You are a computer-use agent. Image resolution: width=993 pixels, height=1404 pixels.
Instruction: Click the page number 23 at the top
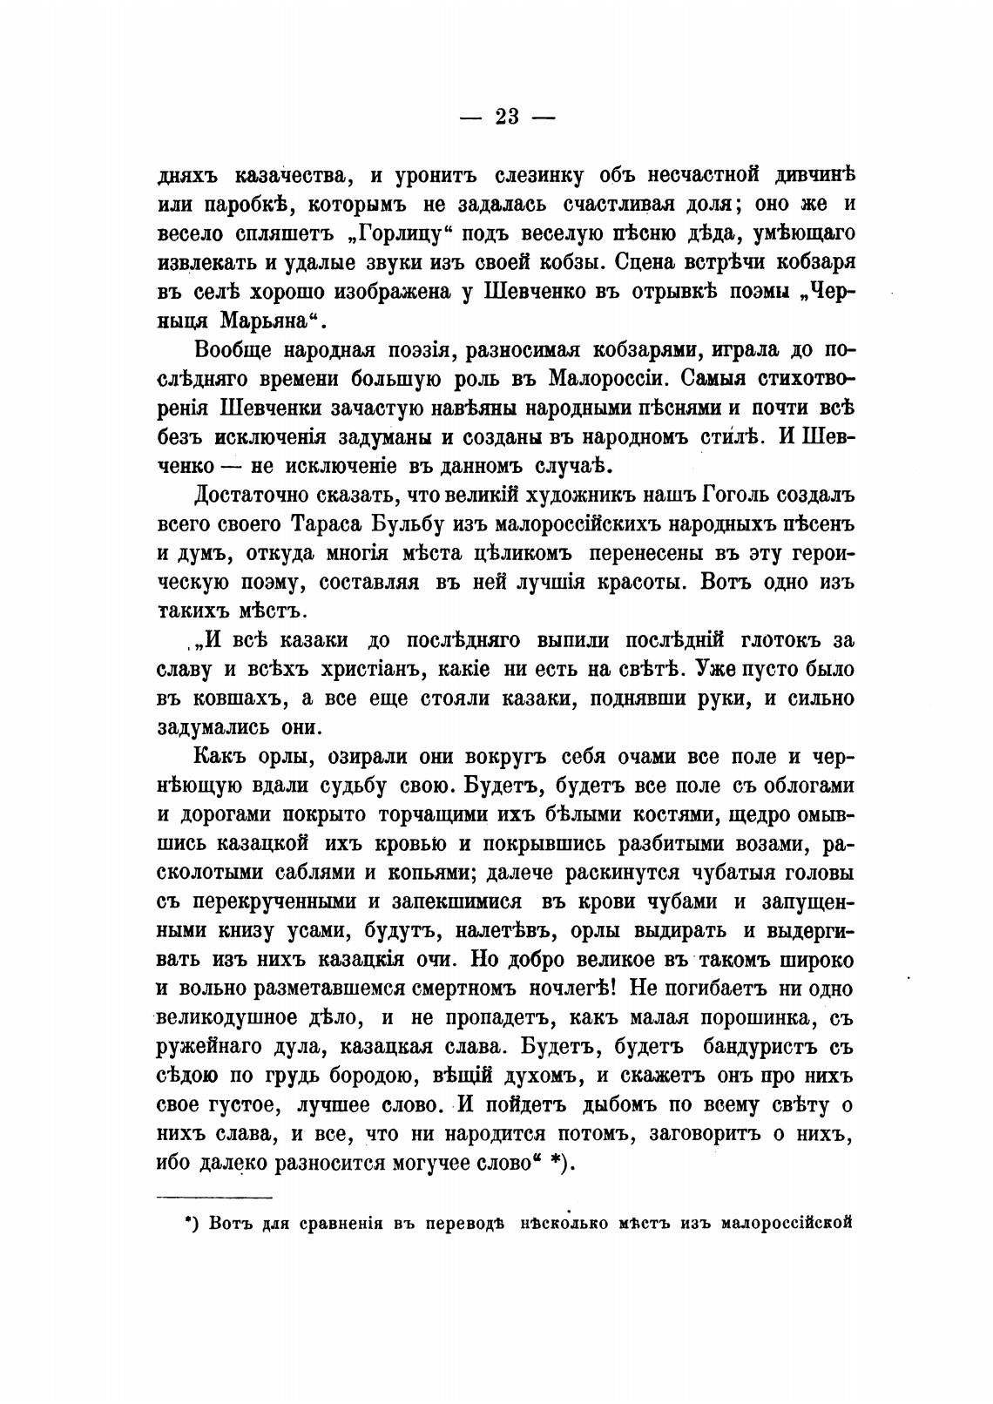coord(506,117)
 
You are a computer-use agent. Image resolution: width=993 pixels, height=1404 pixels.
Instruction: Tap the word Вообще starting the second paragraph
coord(229,350)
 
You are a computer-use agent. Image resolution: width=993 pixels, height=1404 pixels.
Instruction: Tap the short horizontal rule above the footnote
coord(214,1196)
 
